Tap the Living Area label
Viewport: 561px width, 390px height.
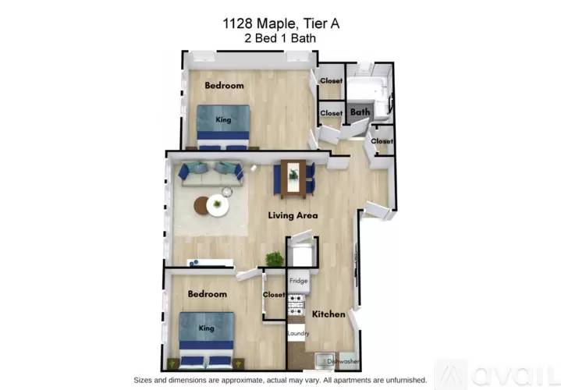pyautogui.click(x=293, y=215)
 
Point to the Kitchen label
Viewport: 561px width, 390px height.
pyautogui.click(x=328, y=314)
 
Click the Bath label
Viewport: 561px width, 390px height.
pyautogui.click(x=359, y=112)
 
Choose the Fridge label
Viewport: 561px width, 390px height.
pyautogui.click(x=298, y=280)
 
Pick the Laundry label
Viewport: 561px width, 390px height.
pyautogui.click(x=298, y=334)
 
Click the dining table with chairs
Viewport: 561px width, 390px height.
pyautogui.click(x=293, y=178)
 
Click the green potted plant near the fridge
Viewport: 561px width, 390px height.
pyautogui.click(x=274, y=259)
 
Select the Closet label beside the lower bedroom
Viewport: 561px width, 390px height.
pyautogui.click(x=274, y=295)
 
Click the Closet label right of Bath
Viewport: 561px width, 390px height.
pyautogui.click(x=382, y=141)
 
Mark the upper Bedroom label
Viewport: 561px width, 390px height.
pyautogui.click(x=224, y=85)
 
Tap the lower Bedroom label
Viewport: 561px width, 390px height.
pyautogui.click(x=207, y=294)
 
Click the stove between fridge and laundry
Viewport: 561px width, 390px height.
pyautogui.click(x=297, y=305)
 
